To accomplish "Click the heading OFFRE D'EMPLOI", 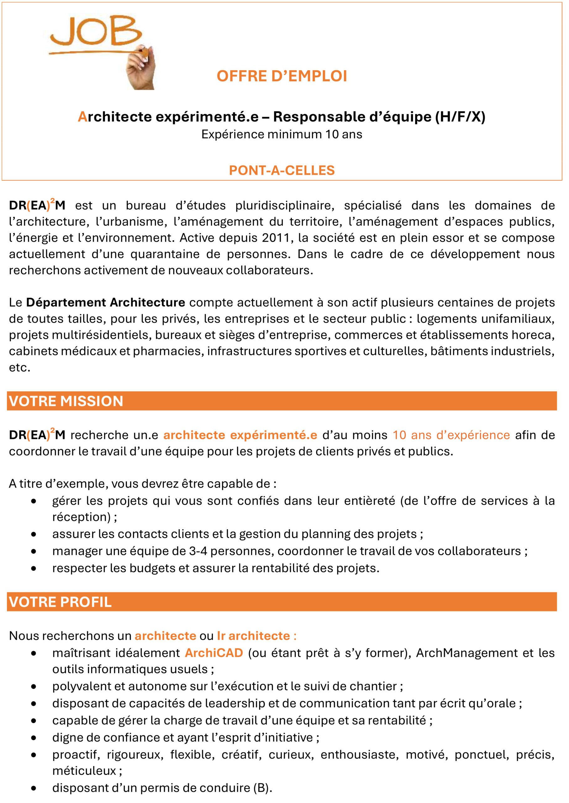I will (x=282, y=76).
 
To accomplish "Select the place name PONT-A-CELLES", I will (x=282, y=170).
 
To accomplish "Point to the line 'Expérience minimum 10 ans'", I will (x=282, y=134).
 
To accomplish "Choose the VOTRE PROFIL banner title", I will (x=60, y=602).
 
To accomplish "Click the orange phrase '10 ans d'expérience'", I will (x=451, y=435).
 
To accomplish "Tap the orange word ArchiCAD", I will (x=214, y=653).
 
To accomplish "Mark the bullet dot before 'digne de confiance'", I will (x=34, y=738).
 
